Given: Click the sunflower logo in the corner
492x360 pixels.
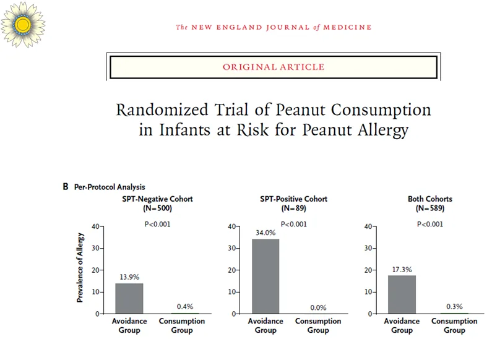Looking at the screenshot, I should (x=24, y=24).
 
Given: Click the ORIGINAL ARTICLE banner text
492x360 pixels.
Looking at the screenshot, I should (x=273, y=67).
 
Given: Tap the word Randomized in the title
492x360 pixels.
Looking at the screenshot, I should (x=162, y=109).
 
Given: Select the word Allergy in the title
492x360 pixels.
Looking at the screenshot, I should (x=382, y=131).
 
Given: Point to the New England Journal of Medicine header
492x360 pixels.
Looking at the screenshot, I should (x=274, y=27).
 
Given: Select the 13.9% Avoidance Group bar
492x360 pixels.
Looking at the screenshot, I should (x=129, y=298).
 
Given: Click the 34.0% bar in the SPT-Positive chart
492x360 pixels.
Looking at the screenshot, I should (x=265, y=276).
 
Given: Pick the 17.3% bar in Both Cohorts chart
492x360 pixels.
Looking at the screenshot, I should (x=402, y=294).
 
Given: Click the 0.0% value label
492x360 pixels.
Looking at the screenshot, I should (x=317, y=307).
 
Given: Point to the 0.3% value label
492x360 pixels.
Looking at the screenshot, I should (x=454, y=307).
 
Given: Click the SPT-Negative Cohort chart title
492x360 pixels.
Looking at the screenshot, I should (x=157, y=199).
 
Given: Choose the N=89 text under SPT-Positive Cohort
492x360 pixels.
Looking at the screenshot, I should (x=293, y=208).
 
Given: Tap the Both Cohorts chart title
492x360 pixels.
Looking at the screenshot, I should (x=429, y=199).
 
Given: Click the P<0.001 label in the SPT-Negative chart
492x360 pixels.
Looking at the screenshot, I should (x=157, y=224).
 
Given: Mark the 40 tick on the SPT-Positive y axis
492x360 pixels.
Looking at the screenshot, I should (x=230, y=226).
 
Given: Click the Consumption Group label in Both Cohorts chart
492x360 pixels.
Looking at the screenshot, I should (x=454, y=325).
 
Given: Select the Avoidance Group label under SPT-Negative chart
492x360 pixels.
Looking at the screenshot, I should (x=129, y=325).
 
